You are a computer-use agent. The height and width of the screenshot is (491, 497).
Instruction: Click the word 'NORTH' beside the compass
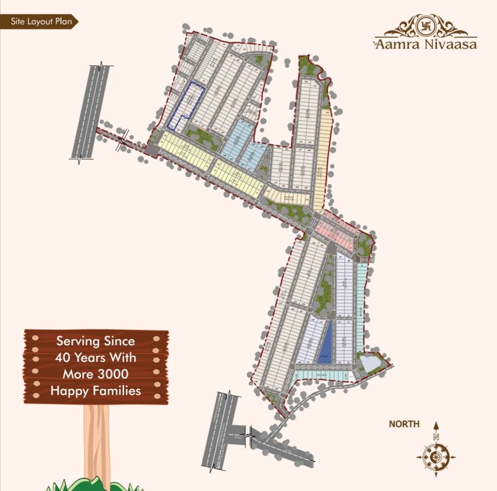(405, 424)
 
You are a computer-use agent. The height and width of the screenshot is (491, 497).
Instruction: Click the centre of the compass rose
(436, 457)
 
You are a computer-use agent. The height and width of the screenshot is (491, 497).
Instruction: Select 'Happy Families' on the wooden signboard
(96, 391)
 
